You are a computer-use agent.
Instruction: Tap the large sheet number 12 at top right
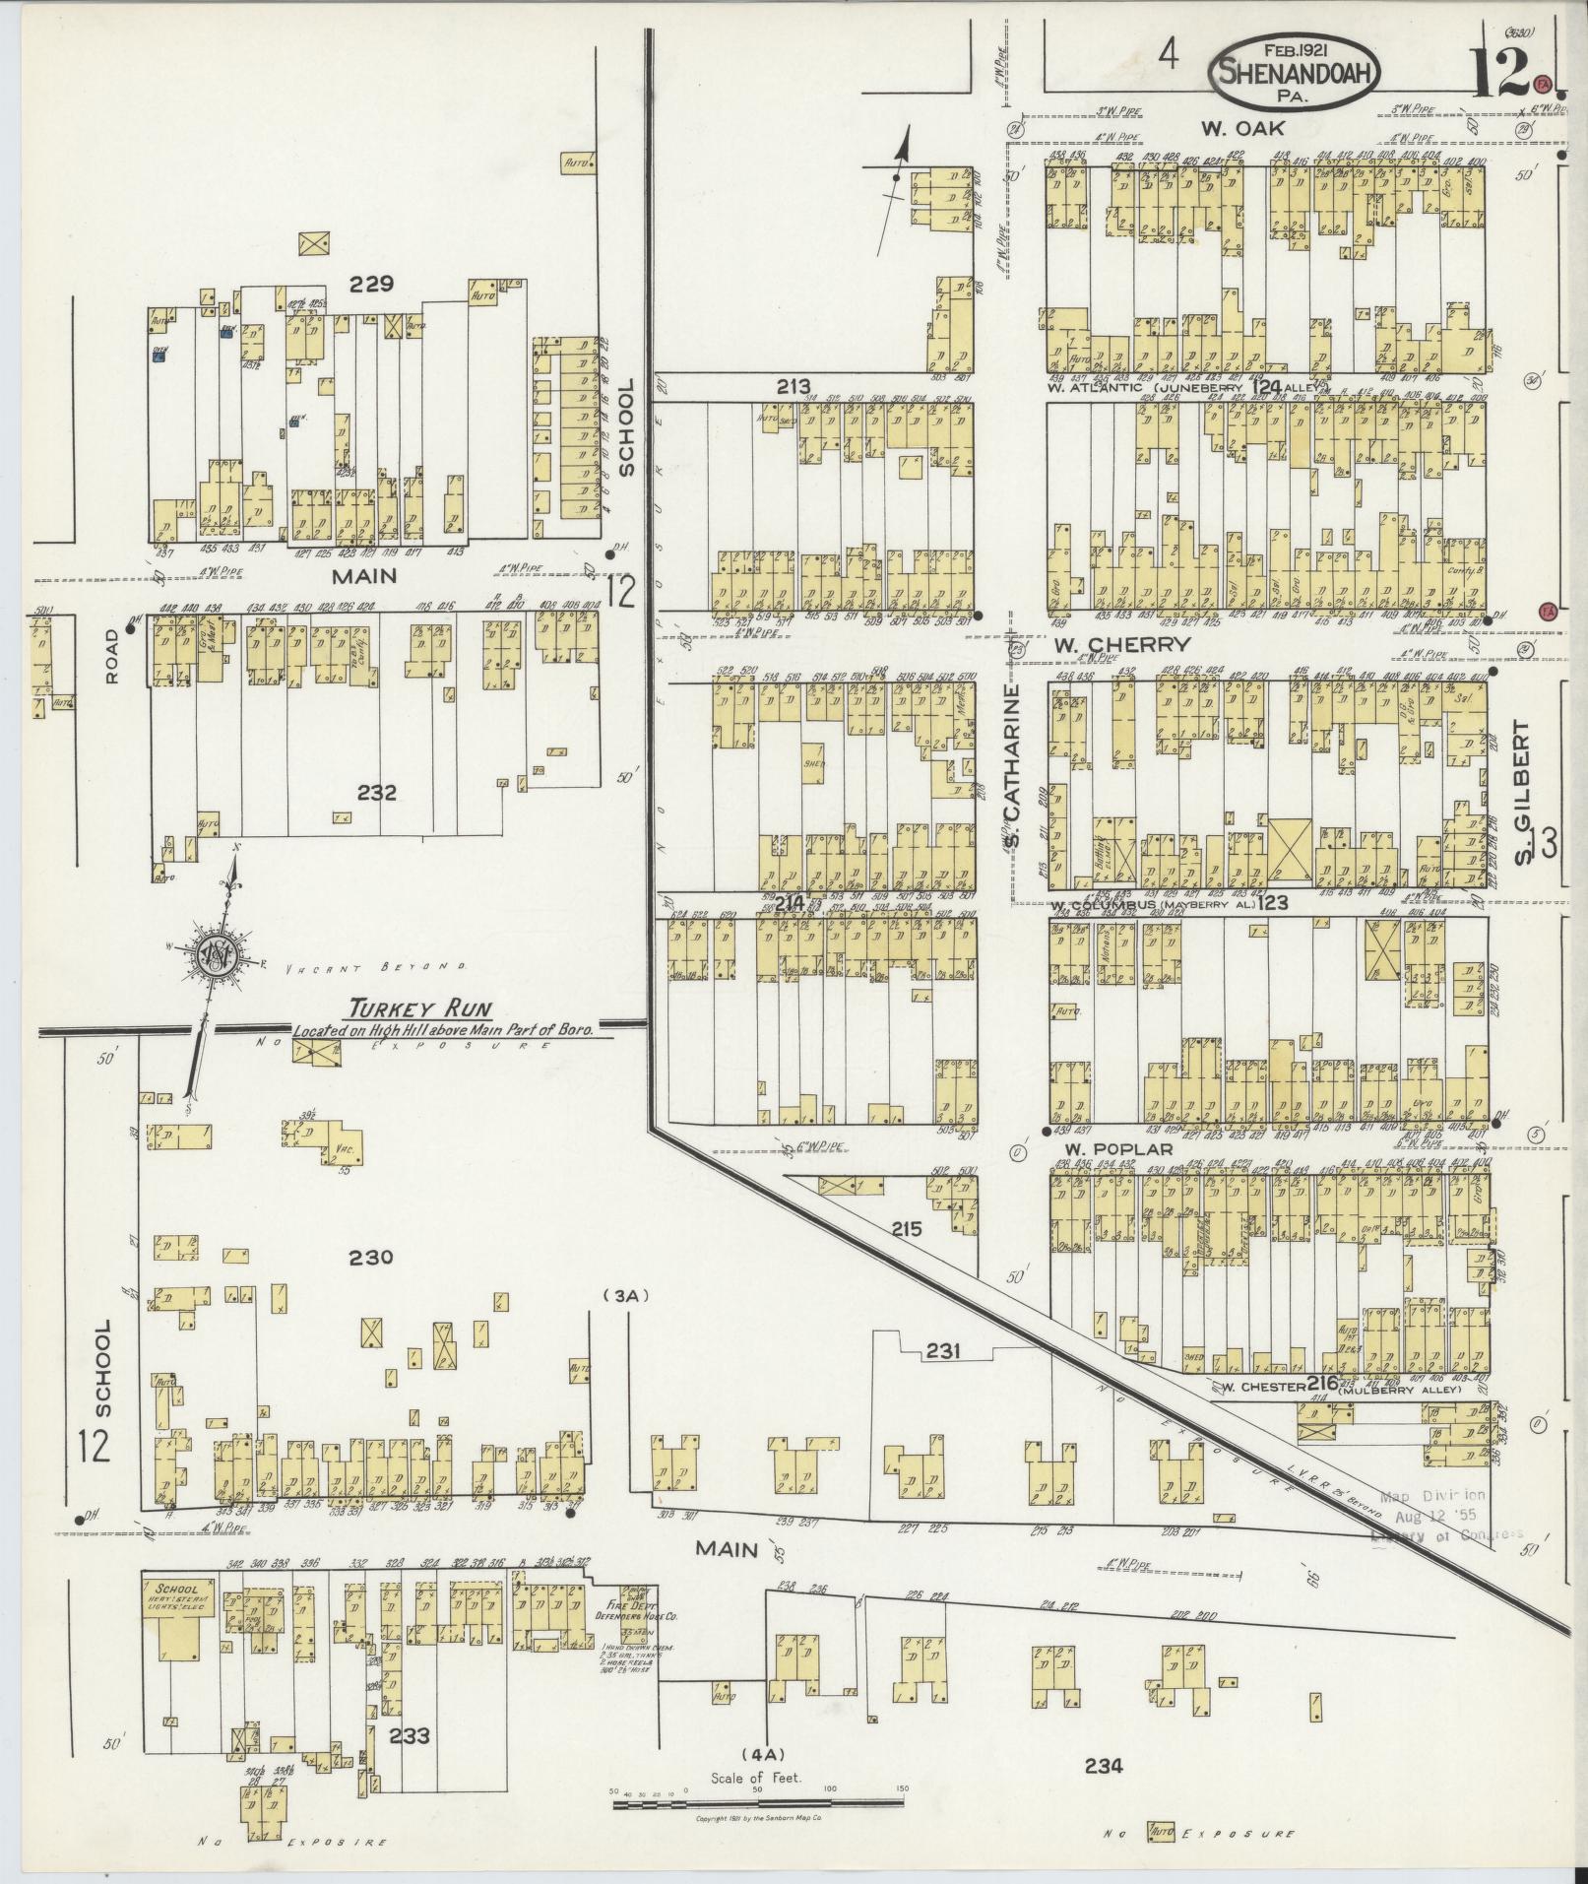(x=1500, y=71)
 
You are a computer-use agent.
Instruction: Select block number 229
(x=372, y=285)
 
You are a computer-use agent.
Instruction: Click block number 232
(x=377, y=792)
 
